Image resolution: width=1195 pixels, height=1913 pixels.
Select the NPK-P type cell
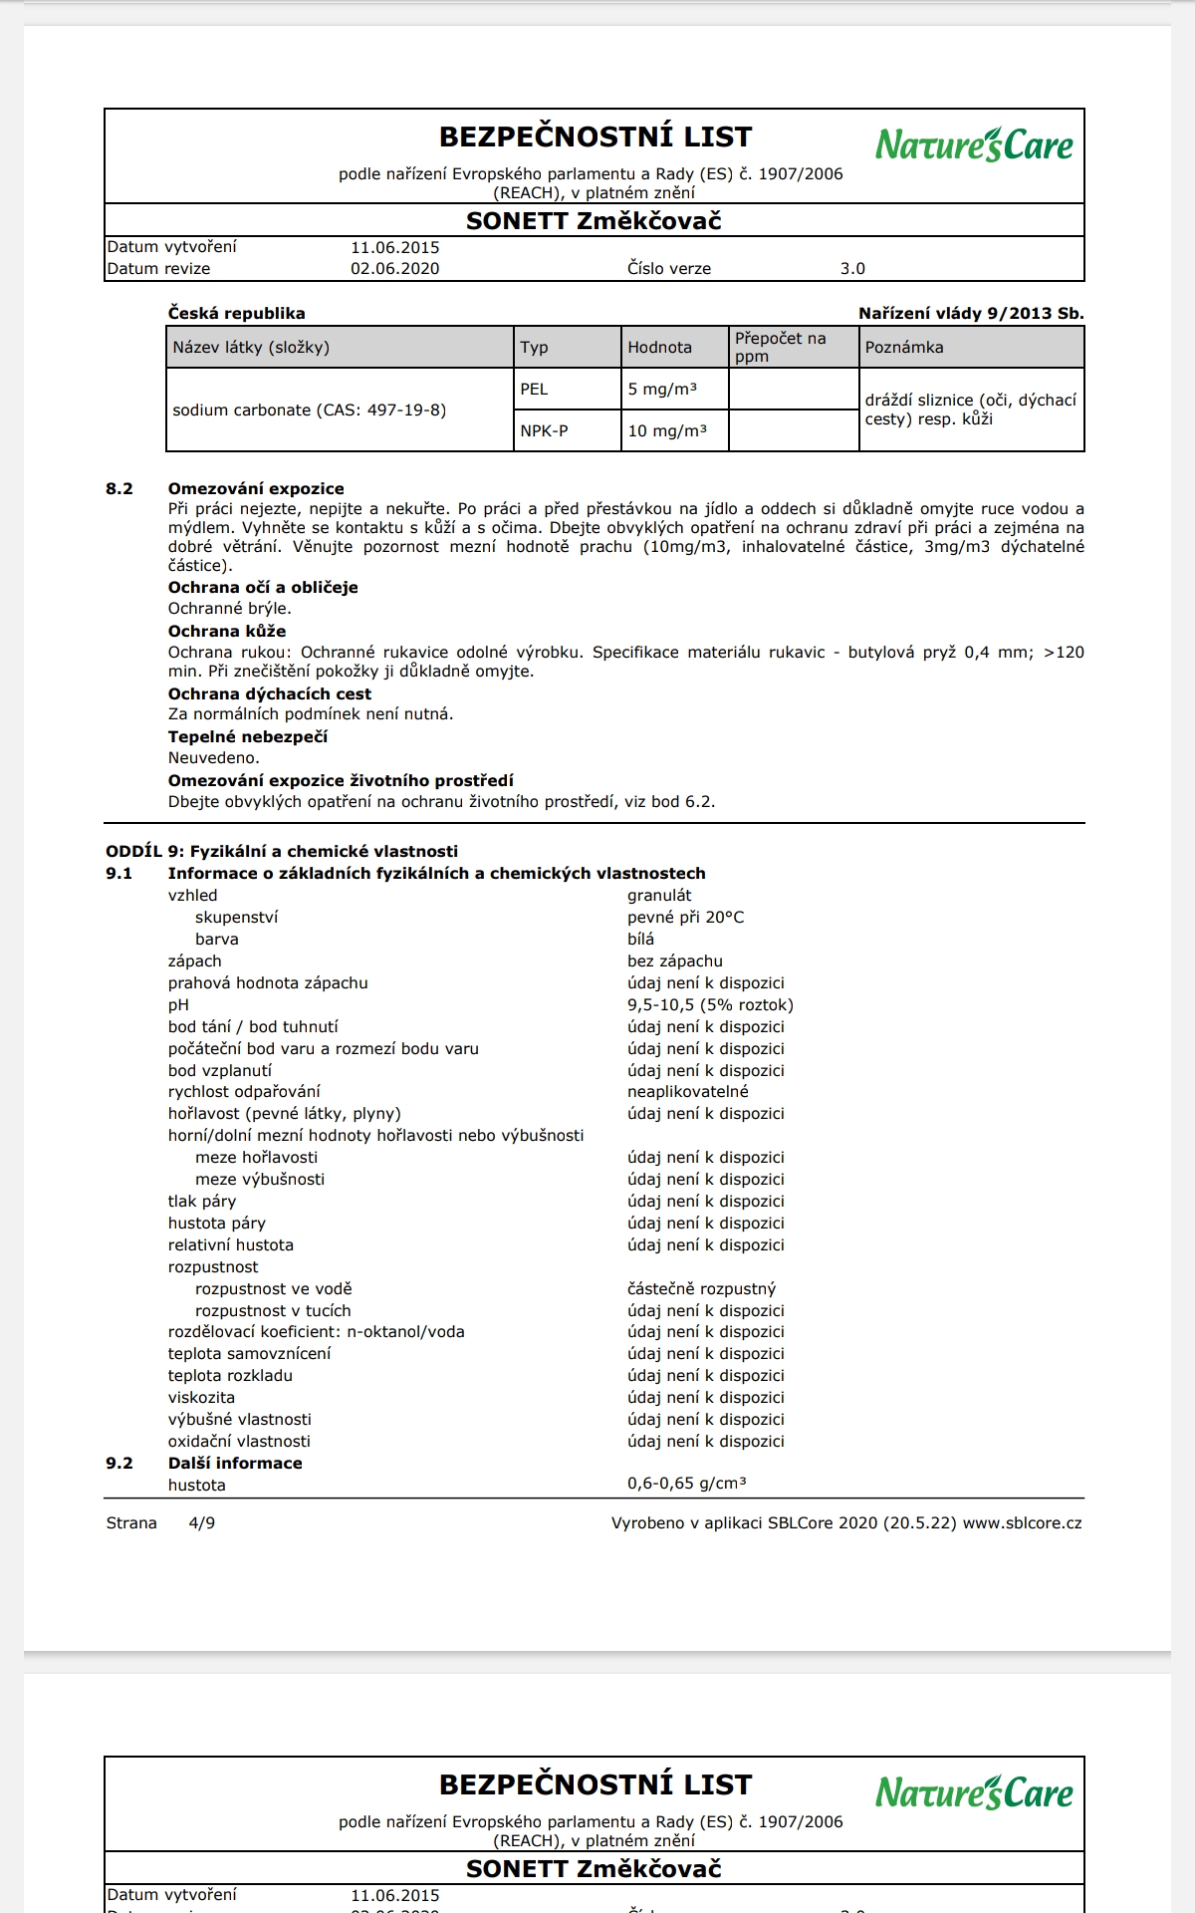(x=544, y=431)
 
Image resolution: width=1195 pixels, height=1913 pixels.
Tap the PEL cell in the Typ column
(x=534, y=390)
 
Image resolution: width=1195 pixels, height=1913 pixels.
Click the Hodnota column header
(x=659, y=348)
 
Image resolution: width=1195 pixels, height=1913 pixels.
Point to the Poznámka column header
(x=904, y=348)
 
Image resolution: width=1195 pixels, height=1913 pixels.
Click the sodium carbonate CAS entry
(x=309, y=410)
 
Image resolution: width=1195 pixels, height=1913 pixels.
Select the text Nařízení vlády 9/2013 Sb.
(x=971, y=313)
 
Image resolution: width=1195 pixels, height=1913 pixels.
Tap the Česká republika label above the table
(x=236, y=313)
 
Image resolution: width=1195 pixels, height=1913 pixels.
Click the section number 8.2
(x=119, y=489)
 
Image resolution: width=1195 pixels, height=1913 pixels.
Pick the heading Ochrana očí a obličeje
(x=262, y=588)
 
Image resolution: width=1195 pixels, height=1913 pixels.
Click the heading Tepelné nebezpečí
(x=247, y=737)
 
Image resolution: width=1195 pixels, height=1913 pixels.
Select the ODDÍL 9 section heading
(x=282, y=852)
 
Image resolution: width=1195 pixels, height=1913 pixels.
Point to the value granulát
(x=659, y=896)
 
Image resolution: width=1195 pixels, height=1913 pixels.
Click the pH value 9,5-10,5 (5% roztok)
(x=710, y=1005)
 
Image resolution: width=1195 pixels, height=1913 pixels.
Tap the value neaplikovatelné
(x=687, y=1092)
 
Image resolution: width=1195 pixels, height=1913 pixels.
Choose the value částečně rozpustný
(x=701, y=1289)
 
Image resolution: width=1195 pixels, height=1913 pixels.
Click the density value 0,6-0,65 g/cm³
(x=687, y=1484)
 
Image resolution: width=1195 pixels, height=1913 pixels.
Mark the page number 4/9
(x=201, y=1523)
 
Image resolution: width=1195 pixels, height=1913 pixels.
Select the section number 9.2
(x=119, y=1464)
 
